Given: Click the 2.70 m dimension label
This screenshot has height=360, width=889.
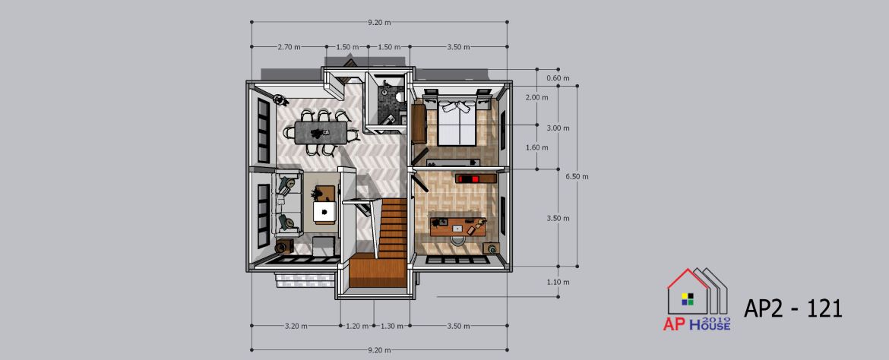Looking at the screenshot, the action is click(289, 47).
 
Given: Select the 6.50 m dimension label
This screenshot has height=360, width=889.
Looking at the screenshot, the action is click(577, 176).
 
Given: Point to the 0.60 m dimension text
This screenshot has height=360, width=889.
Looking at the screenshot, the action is click(558, 78).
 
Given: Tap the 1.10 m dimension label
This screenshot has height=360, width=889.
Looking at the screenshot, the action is click(558, 282).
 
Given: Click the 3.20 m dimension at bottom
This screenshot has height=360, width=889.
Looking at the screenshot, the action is click(296, 326).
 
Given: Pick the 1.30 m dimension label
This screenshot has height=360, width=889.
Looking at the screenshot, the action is click(392, 326).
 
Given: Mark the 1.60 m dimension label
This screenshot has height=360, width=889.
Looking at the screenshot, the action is click(537, 147).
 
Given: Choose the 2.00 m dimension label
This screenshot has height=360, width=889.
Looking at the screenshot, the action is click(537, 97).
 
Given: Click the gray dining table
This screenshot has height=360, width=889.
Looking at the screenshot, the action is click(321, 133).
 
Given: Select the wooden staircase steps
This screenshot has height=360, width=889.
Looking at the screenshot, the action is click(392, 228).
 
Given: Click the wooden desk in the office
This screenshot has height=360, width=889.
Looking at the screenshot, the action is click(458, 227).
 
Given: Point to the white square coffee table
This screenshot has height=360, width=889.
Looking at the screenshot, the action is click(325, 212).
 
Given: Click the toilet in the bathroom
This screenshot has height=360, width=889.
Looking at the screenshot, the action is click(400, 96).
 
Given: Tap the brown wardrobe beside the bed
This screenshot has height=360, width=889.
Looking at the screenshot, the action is click(419, 124).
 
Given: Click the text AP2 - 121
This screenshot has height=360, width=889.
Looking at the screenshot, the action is click(793, 309).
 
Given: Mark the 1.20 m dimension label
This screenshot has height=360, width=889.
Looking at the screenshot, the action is click(357, 326).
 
